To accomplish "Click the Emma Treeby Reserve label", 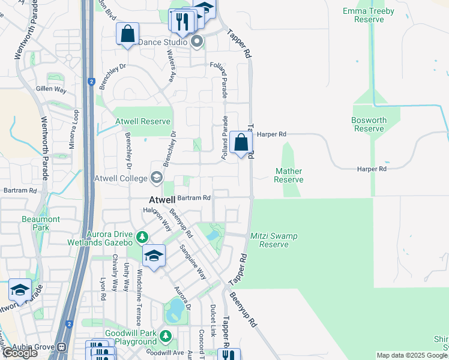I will [369, 15].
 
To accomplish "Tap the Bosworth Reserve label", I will [369, 124].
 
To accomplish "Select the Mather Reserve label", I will [289, 175].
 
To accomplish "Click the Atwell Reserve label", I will [143, 121].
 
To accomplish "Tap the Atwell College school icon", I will [157, 178].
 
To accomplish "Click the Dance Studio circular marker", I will [197, 42].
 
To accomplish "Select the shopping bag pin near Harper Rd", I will [241, 143].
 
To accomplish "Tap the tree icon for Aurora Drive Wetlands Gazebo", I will [142, 238].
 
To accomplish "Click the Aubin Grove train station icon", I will [62, 347].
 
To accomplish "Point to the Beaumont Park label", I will [41, 223].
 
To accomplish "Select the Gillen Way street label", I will [51, 89].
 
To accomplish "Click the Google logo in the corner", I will [20, 353].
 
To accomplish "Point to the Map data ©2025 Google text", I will [412, 355].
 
